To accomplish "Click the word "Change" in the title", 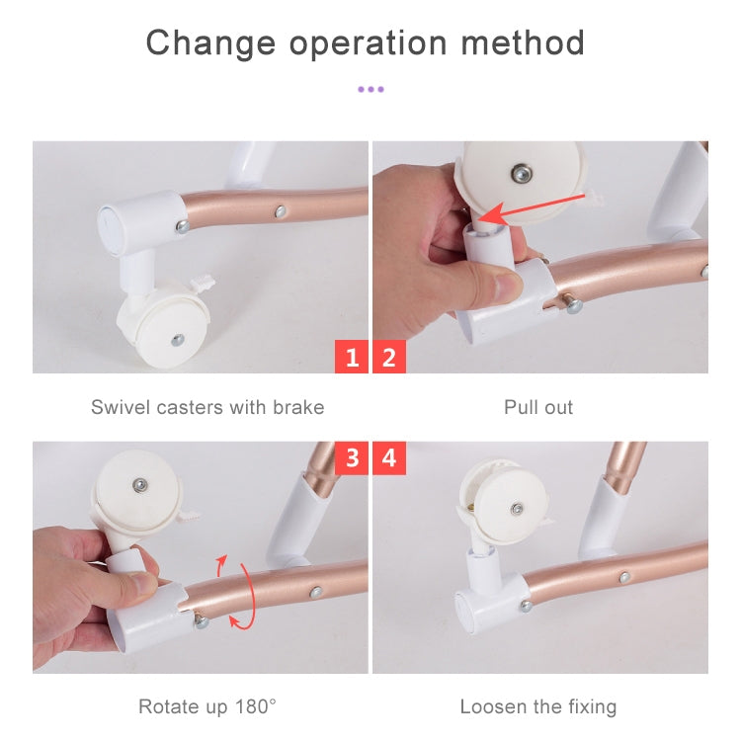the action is [x=210, y=44].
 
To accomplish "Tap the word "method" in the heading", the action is [x=523, y=42].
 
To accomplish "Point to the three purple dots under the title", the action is [x=370, y=89].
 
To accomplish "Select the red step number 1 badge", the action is [x=351, y=357].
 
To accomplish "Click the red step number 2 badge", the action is [x=389, y=357].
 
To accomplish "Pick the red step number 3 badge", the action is [x=351, y=457].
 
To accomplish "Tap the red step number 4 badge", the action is [x=389, y=457].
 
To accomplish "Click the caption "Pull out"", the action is [x=538, y=407].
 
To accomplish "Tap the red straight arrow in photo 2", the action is [x=532, y=207].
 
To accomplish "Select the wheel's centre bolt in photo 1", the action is [x=178, y=339].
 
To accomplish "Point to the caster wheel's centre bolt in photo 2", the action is [x=522, y=174].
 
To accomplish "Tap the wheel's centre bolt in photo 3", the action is [x=140, y=485].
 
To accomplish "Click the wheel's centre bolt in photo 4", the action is [x=518, y=509].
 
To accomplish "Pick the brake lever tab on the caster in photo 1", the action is [x=204, y=285].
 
